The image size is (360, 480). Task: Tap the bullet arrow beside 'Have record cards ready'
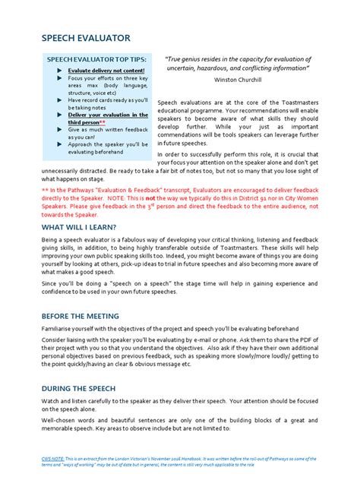tap(60, 99)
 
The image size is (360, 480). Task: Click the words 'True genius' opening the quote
tap(189, 58)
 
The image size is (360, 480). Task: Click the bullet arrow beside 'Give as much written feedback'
tap(60, 130)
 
